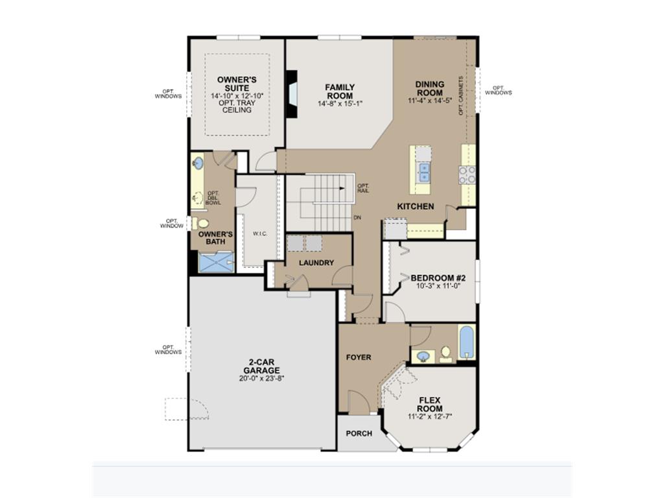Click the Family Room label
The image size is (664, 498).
click(340, 91)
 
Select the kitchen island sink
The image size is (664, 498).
click(424, 172)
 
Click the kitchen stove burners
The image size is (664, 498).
click(467, 175)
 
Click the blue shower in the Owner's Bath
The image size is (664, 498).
click(216, 262)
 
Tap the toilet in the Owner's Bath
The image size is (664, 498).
click(201, 223)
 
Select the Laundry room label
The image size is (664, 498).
click(316, 263)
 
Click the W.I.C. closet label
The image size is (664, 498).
click(260, 233)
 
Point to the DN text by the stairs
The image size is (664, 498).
click(357, 218)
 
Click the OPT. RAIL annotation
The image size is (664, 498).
click(363, 188)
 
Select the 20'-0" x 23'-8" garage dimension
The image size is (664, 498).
click(261, 378)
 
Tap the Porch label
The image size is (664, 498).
click(359, 433)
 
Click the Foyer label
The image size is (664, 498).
click(359, 357)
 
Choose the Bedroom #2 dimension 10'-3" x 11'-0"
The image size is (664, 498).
click(438, 286)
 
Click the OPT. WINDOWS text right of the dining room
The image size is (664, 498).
click(499, 90)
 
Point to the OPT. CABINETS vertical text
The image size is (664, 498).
click(461, 96)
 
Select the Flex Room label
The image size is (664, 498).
click(430, 405)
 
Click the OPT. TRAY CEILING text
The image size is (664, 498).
click(237, 106)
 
